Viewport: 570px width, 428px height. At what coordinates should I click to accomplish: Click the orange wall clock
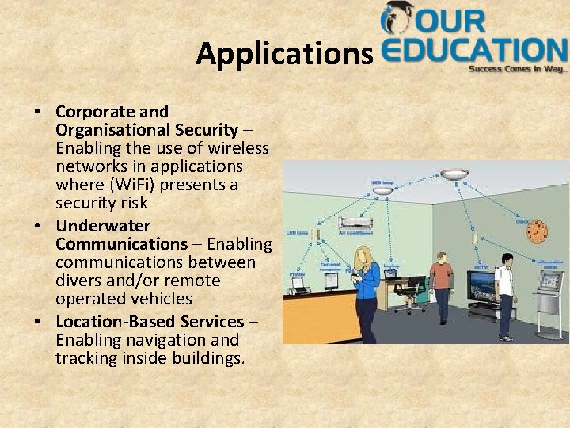(537, 231)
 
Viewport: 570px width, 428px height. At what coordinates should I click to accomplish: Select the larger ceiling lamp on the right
(456, 174)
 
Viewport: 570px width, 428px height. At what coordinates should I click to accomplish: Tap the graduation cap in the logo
(397, 17)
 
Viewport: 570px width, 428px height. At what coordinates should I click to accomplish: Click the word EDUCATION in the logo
(475, 51)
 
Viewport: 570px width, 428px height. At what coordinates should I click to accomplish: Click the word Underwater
(103, 226)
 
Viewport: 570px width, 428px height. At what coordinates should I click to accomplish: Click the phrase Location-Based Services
(150, 322)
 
